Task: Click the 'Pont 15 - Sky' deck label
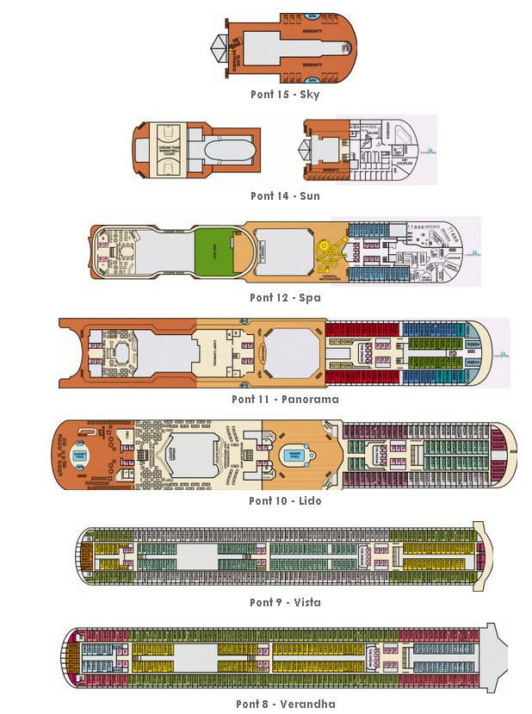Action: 285,95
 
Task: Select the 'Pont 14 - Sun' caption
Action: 285,196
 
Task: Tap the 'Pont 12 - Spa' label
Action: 285,298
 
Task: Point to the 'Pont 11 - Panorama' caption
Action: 285,400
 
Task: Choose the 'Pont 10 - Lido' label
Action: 285,501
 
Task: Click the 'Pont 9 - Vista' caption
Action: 285,603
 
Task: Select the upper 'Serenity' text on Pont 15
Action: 312,31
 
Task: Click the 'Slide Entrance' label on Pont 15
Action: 235,53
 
